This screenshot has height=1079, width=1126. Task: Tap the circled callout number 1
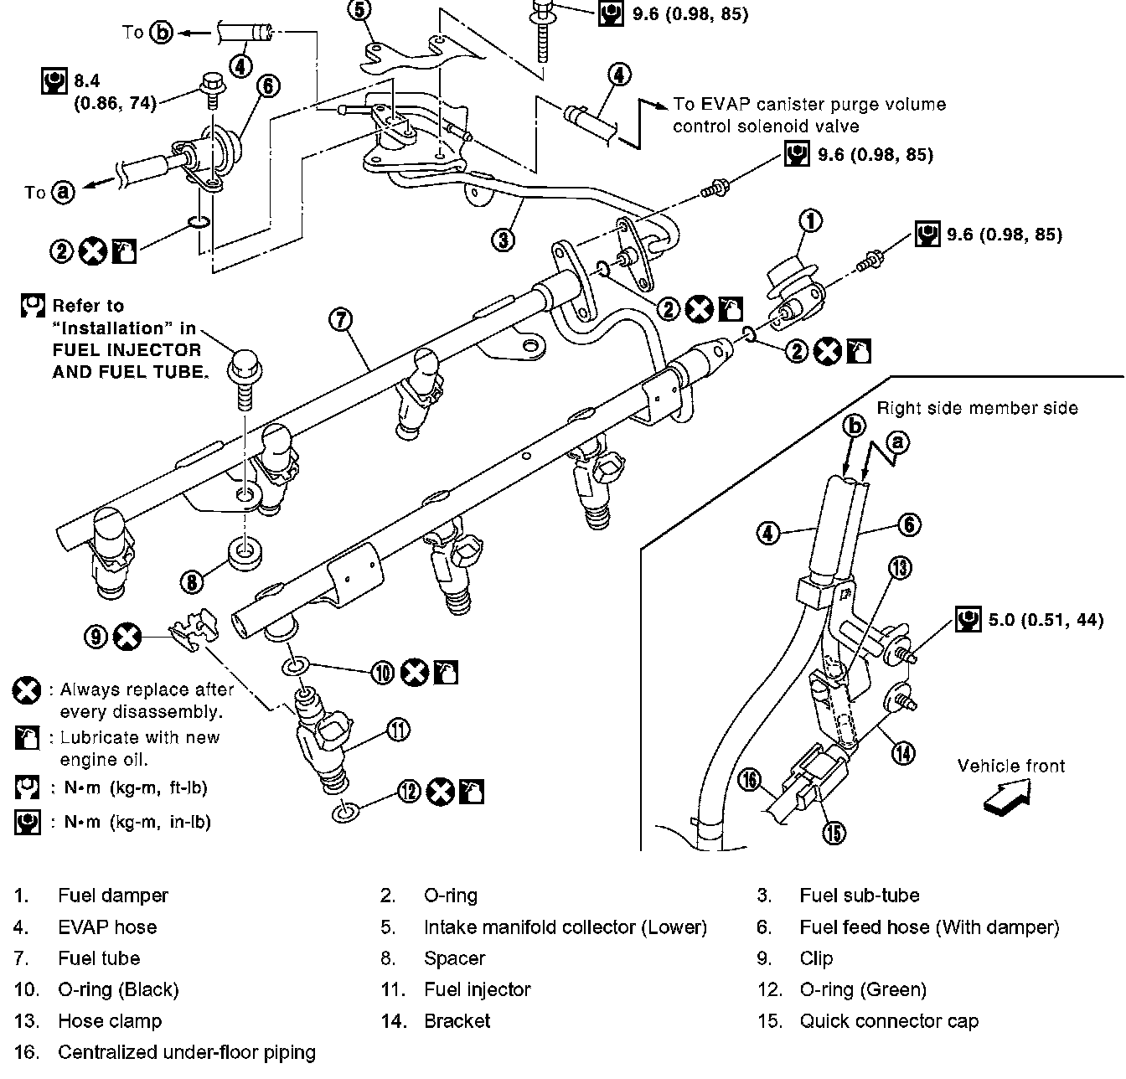[x=810, y=221]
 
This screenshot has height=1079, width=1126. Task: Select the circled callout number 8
[x=192, y=580]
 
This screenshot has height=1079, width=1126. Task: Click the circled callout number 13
[x=899, y=569]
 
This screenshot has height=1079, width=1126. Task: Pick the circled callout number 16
[x=750, y=781]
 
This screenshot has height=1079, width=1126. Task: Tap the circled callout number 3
[x=502, y=240]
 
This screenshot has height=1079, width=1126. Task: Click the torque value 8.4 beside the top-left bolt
[x=86, y=80]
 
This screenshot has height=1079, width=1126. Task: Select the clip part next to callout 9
[x=192, y=632]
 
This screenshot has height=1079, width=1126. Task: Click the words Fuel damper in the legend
[x=113, y=896]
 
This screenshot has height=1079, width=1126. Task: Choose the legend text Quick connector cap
[x=889, y=1021]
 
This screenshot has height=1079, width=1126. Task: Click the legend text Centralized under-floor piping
[x=187, y=1052]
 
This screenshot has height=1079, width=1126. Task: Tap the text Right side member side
[x=977, y=408]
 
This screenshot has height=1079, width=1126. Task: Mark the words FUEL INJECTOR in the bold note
[x=127, y=349]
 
